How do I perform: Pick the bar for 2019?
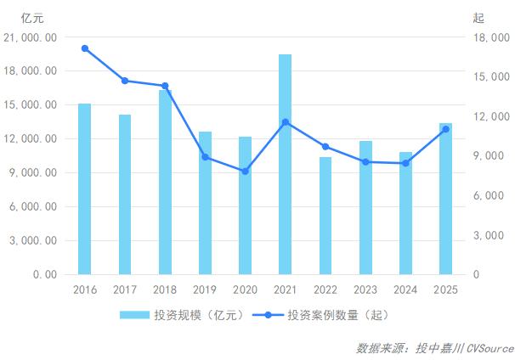[x=205, y=203]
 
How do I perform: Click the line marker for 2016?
[x=85, y=48]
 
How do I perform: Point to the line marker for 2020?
[x=245, y=172]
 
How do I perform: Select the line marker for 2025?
[x=445, y=129]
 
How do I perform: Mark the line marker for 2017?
[x=125, y=81]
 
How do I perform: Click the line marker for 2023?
[x=365, y=161]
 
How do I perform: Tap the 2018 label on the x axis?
[x=165, y=290]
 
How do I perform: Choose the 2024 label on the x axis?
[x=405, y=290]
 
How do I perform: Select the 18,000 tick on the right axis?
[x=488, y=37]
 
